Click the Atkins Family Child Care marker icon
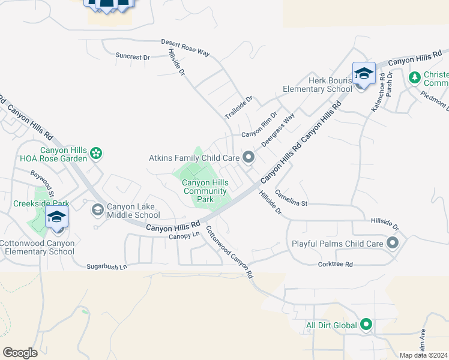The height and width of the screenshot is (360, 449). pos(249,158)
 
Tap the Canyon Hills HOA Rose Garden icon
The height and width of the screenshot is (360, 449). pos(97,154)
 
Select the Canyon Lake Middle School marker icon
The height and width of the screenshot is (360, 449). pos(97,210)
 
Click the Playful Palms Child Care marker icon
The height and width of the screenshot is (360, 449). pos(393,243)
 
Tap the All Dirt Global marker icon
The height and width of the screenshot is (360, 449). pos(366,326)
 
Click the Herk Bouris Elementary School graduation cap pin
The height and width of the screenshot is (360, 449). pos(364,74)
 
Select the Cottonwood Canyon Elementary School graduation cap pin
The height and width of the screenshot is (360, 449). pos(56,217)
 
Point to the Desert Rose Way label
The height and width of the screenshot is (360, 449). pos(185,49)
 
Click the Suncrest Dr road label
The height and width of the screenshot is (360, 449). pos(133,56)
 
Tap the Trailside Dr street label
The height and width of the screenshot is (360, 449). pos(240,107)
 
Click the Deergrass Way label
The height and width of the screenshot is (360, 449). pos(278,127)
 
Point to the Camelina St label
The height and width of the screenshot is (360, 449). pos(291,199)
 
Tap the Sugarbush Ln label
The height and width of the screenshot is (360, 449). pos(107,266)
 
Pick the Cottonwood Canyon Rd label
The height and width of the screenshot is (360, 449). pos(229,251)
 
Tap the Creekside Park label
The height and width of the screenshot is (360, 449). pos(38,203)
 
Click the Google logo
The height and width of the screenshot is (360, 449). pos(20,353)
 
